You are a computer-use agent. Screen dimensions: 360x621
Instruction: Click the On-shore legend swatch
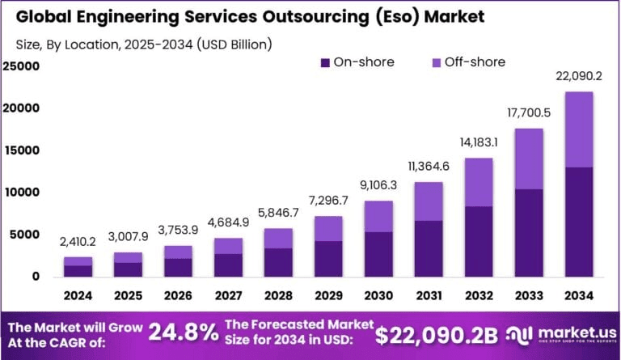click(x=326, y=62)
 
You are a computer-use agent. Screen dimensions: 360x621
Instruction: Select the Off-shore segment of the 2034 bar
click(x=579, y=129)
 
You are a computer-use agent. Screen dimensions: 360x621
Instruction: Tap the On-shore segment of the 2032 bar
click(x=479, y=241)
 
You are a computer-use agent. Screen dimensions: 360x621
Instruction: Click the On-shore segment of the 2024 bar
click(x=79, y=270)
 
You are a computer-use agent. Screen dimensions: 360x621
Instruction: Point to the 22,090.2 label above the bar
click(x=579, y=76)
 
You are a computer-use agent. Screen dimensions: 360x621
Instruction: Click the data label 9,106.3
click(x=379, y=185)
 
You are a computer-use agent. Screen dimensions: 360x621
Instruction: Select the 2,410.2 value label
click(x=79, y=242)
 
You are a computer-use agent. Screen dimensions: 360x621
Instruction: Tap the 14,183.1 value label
click(x=479, y=142)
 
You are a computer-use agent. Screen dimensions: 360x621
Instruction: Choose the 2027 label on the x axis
click(x=229, y=296)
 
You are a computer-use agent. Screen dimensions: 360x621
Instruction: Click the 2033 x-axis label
click(x=529, y=296)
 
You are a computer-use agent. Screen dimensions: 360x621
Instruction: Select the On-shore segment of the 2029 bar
click(x=329, y=258)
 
